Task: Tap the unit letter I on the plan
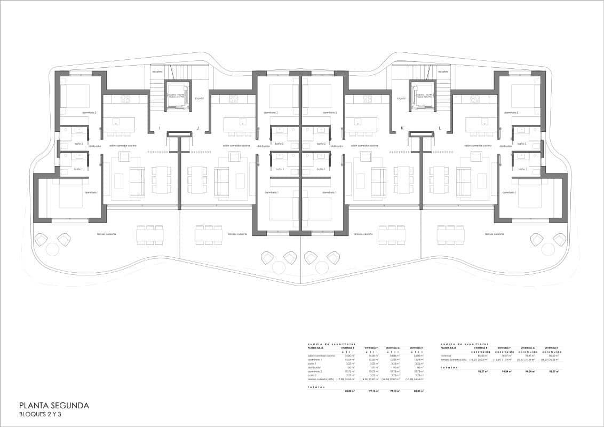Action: (x=159, y=128)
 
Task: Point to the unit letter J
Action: (x=198, y=128)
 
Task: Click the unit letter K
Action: (x=402, y=128)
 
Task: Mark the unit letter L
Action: (x=440, y=128)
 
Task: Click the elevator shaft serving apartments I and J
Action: (x=178, y=96)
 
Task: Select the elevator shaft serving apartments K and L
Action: (x=424, y=96)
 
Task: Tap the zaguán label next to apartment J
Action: (x=200, y=98)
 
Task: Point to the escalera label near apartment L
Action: (x=443, y=71)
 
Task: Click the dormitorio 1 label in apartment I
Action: (x=92, y=192)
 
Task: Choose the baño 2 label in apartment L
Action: (x=522, y=144)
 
